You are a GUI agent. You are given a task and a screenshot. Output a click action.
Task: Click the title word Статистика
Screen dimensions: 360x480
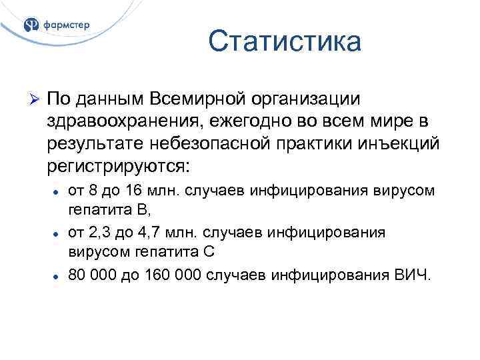pyautogui.click(x=285, y=42)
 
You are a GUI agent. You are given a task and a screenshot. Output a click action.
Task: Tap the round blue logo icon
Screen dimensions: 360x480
pyautogui.click(x=31, y=25)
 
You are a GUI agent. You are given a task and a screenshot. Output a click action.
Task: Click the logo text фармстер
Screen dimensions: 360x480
pyautogui.click(x=67, y=25)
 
